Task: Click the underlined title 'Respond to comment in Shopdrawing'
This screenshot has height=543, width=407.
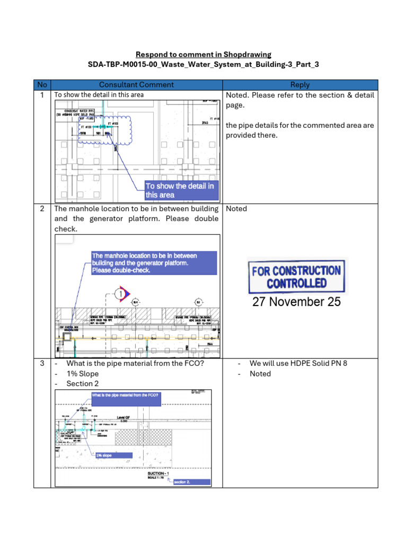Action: coord(203,54)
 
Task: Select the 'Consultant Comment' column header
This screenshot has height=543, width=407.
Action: coord(137,85)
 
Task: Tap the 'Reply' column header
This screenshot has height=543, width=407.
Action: coord(300,85)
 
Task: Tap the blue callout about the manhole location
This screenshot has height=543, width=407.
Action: coord(154,263)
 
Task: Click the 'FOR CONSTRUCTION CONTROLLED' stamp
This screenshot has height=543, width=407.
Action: coord(296,276)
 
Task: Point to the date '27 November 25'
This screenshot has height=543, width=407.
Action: coord(296,302)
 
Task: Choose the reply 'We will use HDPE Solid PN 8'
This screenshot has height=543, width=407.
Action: coord(298,363)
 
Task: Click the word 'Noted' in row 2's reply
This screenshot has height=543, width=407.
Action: coord(236,208)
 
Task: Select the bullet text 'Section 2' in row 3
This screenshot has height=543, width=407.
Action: coord(82,383)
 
